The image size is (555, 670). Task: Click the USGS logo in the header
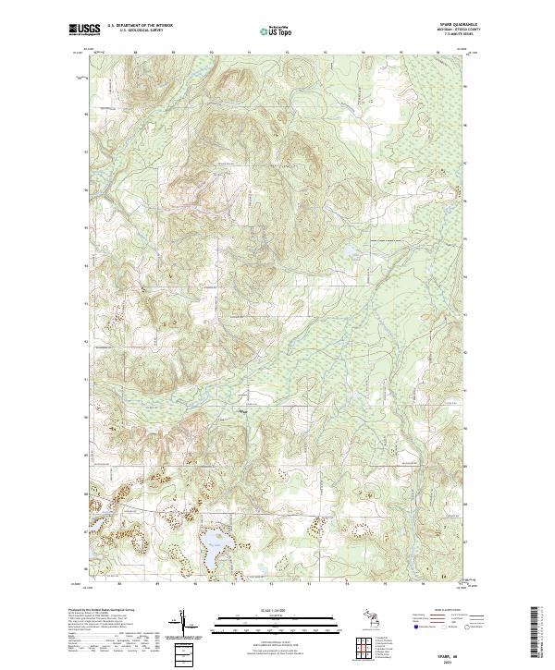click(84, 30)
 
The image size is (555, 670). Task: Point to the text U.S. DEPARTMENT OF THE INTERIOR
click(141, 26)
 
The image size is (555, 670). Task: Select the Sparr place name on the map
click(244, 412)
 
